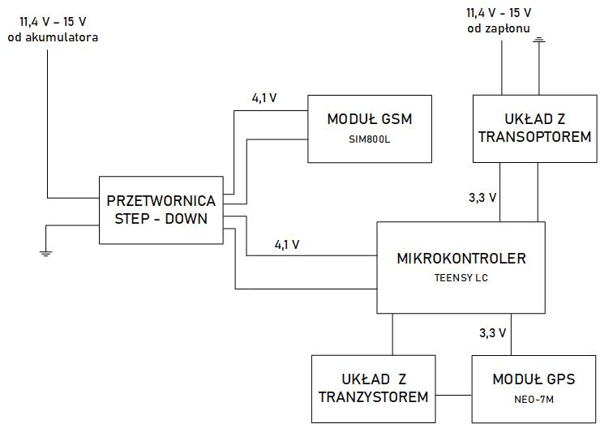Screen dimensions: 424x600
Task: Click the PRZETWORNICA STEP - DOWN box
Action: (x=161, y=210)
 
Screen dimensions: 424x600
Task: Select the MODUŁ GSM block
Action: (x=369, y=129)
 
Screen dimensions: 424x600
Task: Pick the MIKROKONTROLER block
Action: (x=461, y=267)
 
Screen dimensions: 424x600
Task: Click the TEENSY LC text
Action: (x=461, y=277)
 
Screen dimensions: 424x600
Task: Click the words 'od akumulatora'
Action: (x=53, y=36)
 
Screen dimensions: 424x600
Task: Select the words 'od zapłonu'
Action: (x=498, y=28)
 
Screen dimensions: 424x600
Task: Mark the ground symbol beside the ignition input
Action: (x=539, y=38)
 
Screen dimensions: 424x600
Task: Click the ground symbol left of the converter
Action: (x=46, y=253)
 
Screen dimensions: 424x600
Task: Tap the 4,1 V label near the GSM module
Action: (x=264, y=98)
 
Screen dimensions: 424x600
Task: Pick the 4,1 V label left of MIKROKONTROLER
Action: (x=287, y=243)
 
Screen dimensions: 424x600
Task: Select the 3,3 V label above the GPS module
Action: (x=491, y=332)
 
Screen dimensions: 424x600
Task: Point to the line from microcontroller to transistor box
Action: (x=392, y=334)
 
